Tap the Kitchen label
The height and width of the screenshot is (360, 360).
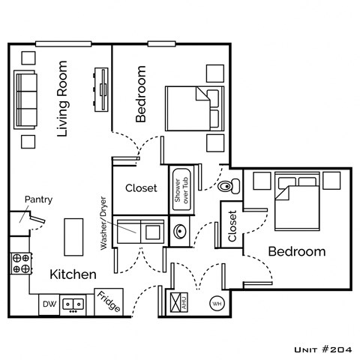[x=73, y=274]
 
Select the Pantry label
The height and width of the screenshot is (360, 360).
[x=37, y=199]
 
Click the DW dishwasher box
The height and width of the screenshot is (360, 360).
[x=49, y=304]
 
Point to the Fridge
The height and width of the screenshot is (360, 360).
[x=108, y=303]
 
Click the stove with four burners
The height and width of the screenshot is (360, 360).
[x=20, y=263]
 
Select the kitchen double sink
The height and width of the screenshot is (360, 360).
[x=73, y=304]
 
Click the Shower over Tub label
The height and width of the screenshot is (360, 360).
[x=181, y=188]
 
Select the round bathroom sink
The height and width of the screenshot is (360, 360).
[x=180, y=232]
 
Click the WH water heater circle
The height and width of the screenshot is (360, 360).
[x=217, y=304]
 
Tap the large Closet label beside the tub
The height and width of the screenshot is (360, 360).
[x=141, y=188]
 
